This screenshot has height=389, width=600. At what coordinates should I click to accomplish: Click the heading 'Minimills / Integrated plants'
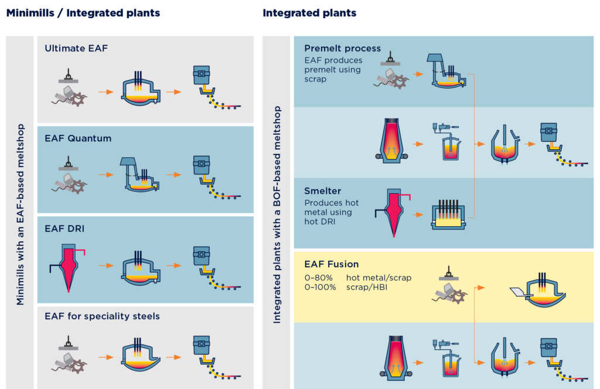click(x=83, y=13)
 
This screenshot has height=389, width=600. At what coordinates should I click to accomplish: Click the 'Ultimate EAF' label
click(x=76, y=48)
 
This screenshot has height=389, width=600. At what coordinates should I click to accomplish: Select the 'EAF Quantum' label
click(x=78, y=138)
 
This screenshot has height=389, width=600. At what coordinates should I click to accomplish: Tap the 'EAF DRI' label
click(x=64, y=228)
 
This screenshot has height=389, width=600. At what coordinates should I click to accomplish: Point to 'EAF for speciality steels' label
click(x=102, y=316)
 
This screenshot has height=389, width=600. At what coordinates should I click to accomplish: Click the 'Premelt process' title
click(x=342, y=48)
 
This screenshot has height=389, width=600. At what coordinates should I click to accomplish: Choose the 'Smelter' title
click(x=323, y=191)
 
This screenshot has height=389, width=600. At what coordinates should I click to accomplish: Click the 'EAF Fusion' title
click(x=332, y=264)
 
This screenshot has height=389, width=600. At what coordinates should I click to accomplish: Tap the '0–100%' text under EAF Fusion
click(x=320, y=287)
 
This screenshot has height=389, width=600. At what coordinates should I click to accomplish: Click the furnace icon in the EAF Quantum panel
click(x=139, y=175)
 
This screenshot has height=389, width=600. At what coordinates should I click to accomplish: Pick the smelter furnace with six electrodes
click(x=448, y=214)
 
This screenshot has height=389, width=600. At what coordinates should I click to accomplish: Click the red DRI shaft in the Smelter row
click(x=393, y=211)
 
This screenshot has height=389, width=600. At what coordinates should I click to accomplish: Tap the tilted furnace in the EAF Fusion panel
click(x=538, y=291)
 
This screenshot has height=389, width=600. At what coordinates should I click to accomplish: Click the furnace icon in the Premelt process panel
click(x=446, y=71)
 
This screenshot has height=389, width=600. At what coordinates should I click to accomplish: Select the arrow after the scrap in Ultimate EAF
click(x=106, y=92)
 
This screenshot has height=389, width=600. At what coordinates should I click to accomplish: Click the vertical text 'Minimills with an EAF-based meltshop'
click(x=21, y=214)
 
